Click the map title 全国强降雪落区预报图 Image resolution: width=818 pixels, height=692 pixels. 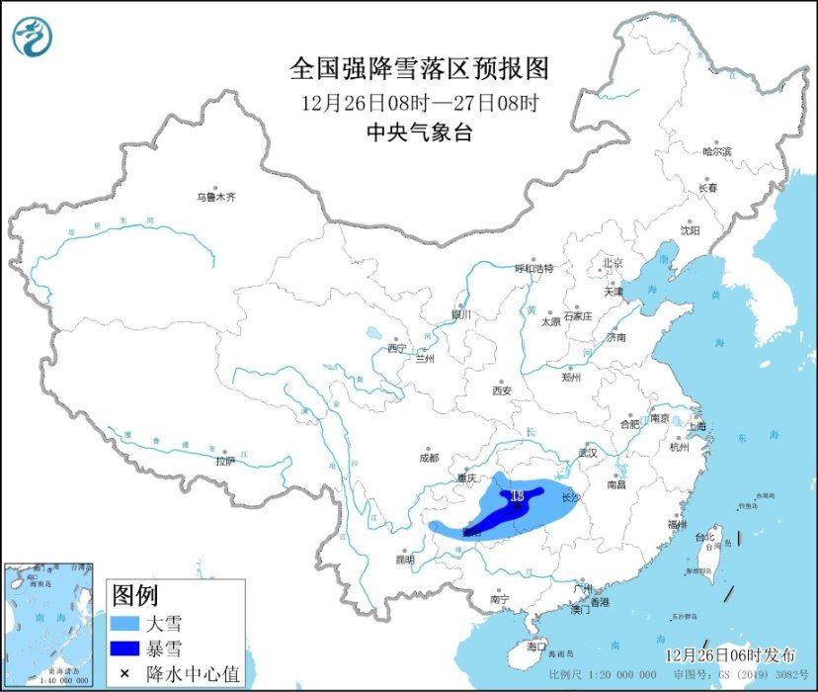[x=419, y=68]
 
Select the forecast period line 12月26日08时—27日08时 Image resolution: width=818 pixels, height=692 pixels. [x=419, y=102]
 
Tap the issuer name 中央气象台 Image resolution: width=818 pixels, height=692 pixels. [x=419, y=132]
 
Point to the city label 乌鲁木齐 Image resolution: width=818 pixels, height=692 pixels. [x=216, y=198]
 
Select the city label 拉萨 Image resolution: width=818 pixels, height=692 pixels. [x=225, y=460]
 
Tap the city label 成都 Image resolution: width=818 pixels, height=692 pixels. [x=428, y=458]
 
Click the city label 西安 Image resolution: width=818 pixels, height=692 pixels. [x=502, y=390]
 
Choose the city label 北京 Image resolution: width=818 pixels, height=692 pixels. [x=613, y=263]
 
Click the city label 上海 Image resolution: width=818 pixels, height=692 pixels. [x=696, y=426]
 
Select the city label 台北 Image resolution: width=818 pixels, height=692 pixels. [x=705, y=537]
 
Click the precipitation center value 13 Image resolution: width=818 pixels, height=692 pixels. [x=516, y=494]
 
